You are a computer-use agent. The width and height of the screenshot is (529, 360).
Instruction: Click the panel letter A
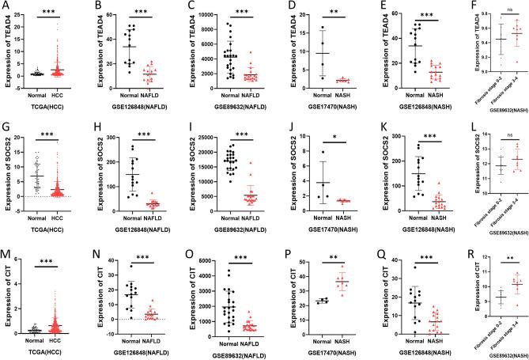click(5, 7)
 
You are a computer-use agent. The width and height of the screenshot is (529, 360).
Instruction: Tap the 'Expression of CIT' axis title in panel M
click(8, 300)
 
